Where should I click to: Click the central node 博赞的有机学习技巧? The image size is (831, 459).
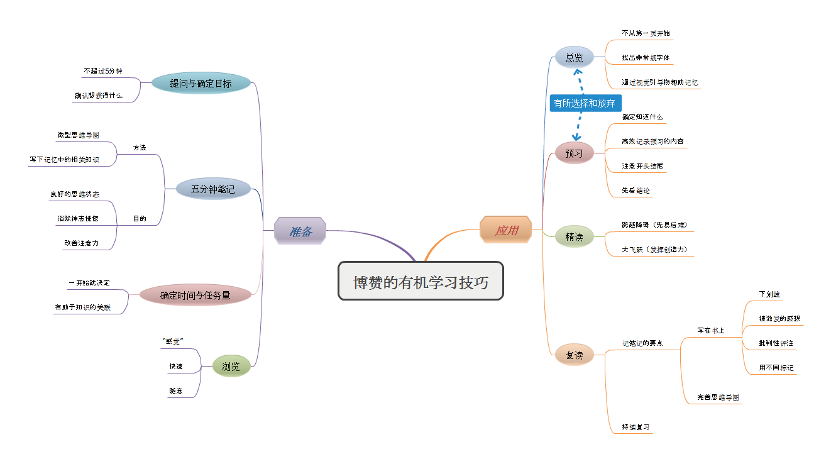click(421, 281)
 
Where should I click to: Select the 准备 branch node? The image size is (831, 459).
click(300, 231)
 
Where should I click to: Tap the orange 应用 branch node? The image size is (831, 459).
click(506, 230)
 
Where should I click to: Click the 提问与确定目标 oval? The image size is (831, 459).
click(201, 83)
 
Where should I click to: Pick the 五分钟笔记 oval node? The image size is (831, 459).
click(213, 189)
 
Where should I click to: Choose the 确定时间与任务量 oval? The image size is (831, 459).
click(195, 294)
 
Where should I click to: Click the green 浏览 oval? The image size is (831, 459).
click(231, 367)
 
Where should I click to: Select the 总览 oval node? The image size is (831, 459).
click(574, 58)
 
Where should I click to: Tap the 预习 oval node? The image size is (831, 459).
click(574, 153)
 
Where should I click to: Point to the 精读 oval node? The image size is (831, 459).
click(574, 237)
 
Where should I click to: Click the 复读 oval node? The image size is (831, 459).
click(574, 355)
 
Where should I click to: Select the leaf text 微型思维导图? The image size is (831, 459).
click(78, 135)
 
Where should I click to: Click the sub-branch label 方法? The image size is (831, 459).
click(140, 147)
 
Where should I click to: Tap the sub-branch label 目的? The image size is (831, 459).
click(140, 219)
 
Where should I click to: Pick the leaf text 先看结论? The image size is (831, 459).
click(636, 190)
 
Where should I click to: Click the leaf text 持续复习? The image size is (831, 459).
click(636, 427)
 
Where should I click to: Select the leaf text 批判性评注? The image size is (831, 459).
click(776, 343)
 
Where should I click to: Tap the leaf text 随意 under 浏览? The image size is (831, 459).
click(175, 391)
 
